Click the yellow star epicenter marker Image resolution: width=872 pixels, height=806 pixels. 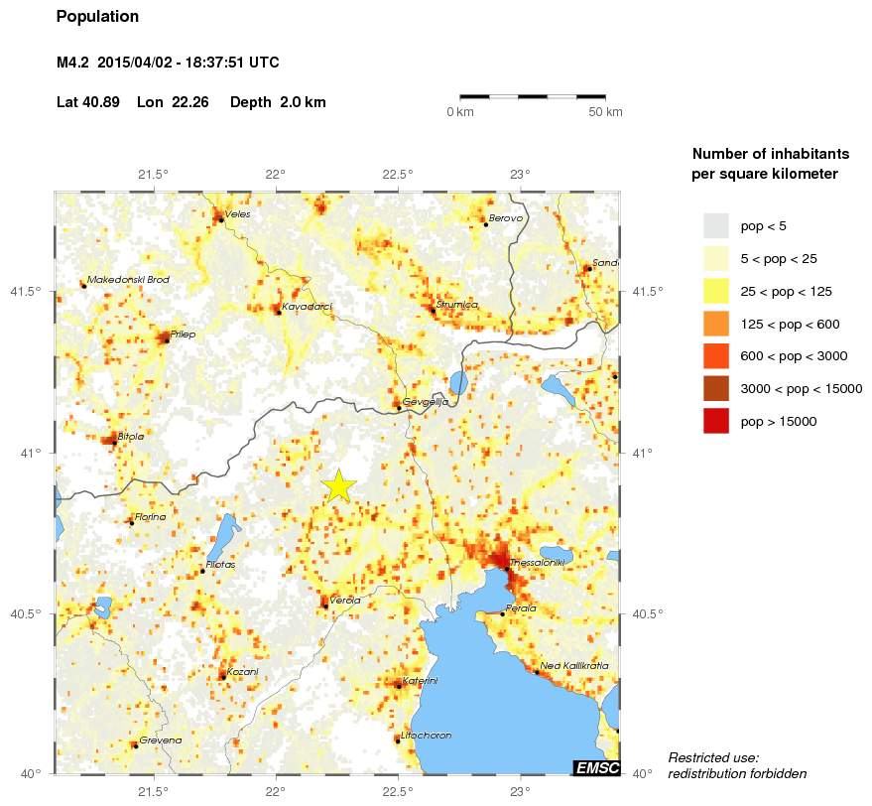tap(339, 486)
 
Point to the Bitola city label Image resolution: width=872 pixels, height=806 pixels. tap(131, 436)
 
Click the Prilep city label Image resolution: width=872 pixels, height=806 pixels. tap(183, 335)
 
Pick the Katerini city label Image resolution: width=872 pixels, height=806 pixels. tap(419, 681)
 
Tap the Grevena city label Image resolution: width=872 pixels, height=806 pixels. tap(160, 740)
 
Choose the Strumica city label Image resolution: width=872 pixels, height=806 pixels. tap(457, 305)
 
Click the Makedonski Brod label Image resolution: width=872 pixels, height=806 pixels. tap(128, 280)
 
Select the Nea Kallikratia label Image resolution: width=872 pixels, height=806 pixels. tap(574, 666)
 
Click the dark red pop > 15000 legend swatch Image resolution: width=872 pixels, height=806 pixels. tap(715, 421)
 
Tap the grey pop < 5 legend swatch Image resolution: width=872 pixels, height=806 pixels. tap(715, 225)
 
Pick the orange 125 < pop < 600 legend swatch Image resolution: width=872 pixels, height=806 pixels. tap(715, 323)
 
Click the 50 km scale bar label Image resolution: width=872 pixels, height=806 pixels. tap(605, 112)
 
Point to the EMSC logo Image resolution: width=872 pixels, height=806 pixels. tap(596, 767)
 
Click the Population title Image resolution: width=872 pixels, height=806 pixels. tap(98, 17)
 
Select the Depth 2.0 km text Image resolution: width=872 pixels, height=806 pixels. tap(278, 102)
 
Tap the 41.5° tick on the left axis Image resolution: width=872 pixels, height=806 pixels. tap(27, 292)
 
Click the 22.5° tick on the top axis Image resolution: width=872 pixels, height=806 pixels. tap(398, 175)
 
